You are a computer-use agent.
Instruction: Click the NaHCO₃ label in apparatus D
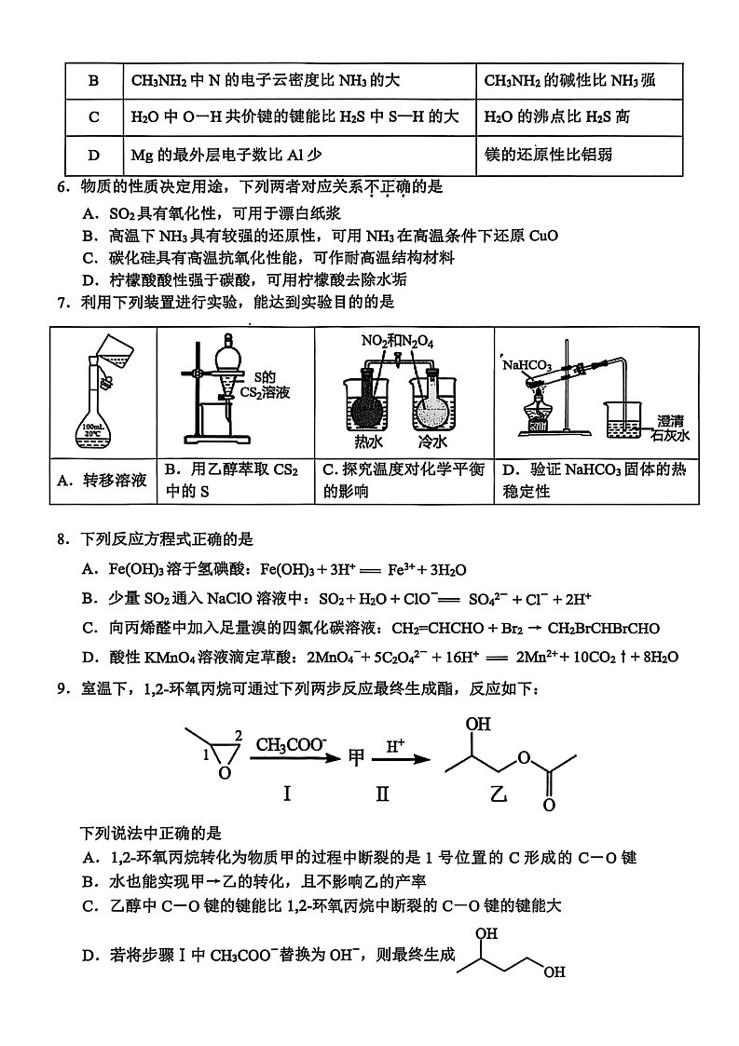[x=528, y=365]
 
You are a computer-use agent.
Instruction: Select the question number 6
[x=62, y=187]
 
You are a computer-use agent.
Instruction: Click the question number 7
[x=62, y=302]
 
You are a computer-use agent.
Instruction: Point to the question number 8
[x=62, y=539]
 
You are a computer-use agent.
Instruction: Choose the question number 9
[x=62, y=688]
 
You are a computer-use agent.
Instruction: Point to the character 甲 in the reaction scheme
[x=356, y=760]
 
